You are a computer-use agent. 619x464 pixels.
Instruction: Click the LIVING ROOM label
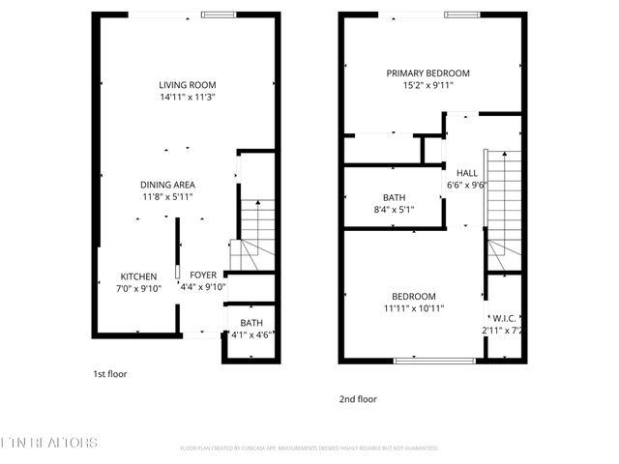(x=188, y=84)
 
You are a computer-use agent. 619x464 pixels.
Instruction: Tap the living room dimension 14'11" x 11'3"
(x=188, y=98)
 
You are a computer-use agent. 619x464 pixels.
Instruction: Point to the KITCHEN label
(x=138, y=275)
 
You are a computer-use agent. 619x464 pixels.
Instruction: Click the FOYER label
(x=203, y=275)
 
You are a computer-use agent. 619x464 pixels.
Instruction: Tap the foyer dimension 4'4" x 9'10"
(x=203, y=287)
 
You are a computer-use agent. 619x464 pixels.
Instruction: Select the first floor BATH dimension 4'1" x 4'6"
(x=251, y=335)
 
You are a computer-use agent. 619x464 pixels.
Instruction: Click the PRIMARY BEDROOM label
(x=427, y=73)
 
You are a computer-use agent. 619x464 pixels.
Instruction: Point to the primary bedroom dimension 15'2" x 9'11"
(x=427, y=86)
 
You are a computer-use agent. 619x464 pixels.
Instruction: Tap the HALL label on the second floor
(x=467, y=173)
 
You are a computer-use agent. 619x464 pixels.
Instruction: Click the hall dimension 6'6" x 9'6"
(x=467, y=186)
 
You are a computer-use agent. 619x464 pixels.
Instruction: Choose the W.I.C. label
(x=503, y=318)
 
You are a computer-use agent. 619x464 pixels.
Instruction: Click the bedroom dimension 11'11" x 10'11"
(x=413, y=308)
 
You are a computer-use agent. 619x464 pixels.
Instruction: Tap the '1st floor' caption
(x=109, y=373)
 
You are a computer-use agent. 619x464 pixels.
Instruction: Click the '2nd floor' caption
(x=358, y=398)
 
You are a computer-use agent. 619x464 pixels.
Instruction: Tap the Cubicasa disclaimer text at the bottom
(x=309, y=449)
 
